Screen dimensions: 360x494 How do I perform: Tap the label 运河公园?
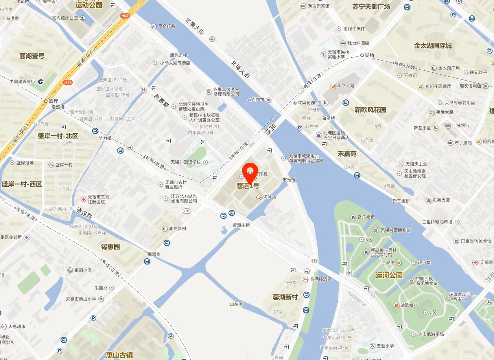pos(389,275)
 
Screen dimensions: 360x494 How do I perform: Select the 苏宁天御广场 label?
pos(371,6)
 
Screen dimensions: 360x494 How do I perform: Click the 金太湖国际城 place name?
pos(433,46)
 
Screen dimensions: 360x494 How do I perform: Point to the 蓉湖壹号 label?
pos(32,56)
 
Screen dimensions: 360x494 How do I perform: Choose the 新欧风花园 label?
pos(370,110)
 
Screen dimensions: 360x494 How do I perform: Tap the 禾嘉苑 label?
pos(347,154)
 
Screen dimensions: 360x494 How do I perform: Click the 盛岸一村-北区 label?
pos(58,136)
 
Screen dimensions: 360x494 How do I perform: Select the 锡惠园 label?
pos(110,247)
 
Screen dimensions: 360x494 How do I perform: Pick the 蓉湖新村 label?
pos(285,297)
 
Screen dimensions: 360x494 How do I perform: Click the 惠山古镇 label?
pos(119,355)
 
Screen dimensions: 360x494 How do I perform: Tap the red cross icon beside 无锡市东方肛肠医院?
pos(83,199)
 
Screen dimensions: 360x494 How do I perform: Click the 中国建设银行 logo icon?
pos(41,81)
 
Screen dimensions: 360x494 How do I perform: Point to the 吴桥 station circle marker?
pos(362,55)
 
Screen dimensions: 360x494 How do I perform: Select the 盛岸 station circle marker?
pos(46,101)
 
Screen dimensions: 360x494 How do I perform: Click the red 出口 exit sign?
pos(125,16)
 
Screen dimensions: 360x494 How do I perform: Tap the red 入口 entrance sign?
pos(68,82)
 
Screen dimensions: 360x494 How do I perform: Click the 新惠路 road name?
pos(161,101)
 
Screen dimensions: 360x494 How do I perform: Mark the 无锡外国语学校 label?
pos(185,162)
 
